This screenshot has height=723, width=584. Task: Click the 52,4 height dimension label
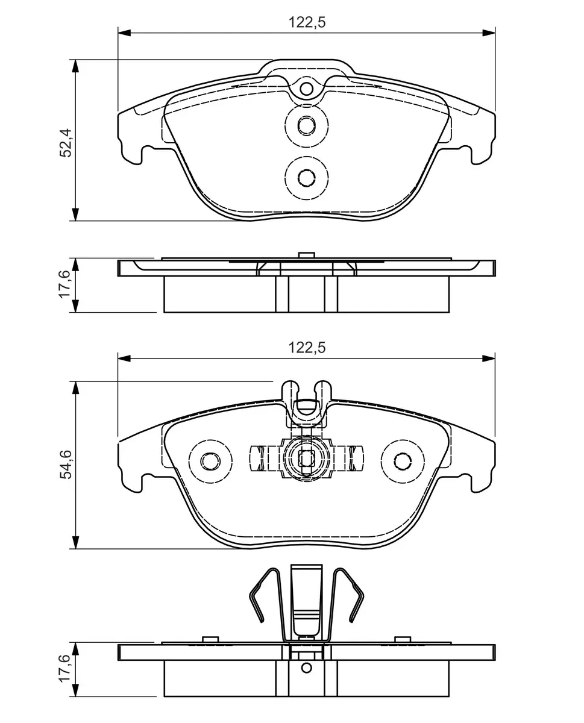66,143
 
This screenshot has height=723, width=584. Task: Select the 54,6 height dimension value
66,465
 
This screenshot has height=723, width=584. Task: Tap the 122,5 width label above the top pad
307,22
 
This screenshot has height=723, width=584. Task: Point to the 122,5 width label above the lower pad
307,348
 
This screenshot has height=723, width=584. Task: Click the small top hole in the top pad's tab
307,89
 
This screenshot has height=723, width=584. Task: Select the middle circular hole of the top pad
307,125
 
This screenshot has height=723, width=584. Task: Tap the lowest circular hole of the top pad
307,178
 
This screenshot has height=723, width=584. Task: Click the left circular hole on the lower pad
210,461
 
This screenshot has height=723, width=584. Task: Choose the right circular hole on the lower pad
403,461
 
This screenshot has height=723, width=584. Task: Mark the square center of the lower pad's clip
307,459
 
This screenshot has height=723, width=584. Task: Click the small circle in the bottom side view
307,668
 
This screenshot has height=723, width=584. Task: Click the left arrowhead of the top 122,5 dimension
124,33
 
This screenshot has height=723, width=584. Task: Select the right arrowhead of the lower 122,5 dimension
489,358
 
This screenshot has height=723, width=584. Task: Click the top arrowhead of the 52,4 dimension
75,66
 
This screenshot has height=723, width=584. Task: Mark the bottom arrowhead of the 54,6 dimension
75,542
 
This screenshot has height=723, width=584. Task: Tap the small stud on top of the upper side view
307,255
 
